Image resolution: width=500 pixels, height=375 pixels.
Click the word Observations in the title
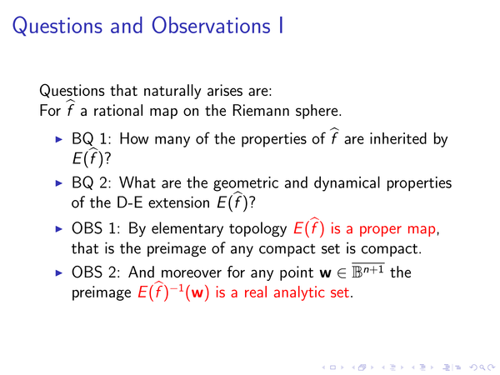tap(211, 26)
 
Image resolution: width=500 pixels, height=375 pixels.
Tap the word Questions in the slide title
tap(57, 27)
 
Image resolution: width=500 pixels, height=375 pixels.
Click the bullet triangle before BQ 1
tap(59, 139)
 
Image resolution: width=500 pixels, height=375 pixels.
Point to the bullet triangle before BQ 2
tap(59, 183)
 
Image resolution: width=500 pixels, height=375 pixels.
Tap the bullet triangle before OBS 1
tap(59, 228)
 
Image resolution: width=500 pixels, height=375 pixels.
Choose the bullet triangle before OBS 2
tap(59, 272)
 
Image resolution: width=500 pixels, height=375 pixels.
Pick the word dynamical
tap(347, 183)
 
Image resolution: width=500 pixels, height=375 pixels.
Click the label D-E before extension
tap(129, 202)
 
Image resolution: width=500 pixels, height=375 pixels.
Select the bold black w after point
tap(325, 273)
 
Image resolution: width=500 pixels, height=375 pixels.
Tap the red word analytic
tap(299, 293)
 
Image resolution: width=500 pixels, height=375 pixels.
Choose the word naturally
tap(172, 91)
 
